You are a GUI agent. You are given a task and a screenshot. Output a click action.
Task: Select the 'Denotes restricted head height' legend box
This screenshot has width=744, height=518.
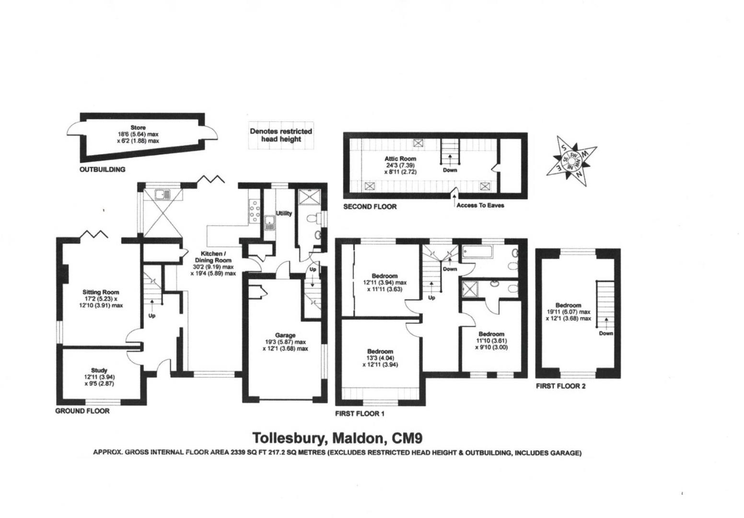point(280,135)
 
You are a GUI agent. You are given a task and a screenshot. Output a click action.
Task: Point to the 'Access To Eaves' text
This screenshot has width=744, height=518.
point(480,205)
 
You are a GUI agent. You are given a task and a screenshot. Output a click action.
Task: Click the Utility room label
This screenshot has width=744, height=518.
point(284,213)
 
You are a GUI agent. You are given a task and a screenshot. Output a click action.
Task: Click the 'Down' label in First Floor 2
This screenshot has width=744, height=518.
point(605,333)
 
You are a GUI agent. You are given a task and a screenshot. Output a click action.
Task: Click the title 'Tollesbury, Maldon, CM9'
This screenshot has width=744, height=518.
point(337,438)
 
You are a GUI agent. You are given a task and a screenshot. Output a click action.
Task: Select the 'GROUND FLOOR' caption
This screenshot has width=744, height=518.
point(82,411)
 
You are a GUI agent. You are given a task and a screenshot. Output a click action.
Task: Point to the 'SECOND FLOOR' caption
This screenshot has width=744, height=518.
point(370,207)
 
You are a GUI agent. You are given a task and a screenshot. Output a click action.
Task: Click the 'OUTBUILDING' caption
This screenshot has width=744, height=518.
point(102,169)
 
